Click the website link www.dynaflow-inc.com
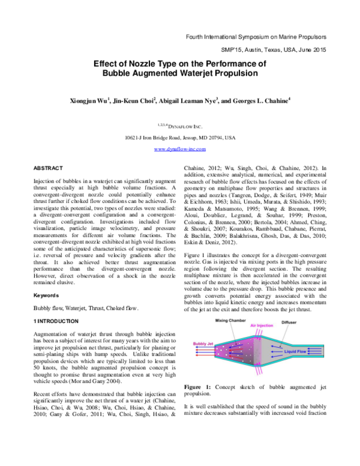point(180,148)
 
